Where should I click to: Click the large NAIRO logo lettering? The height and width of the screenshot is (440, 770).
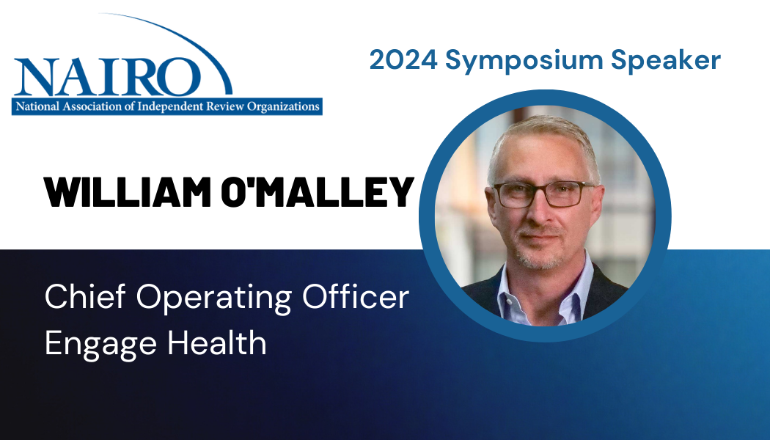click(108, 76)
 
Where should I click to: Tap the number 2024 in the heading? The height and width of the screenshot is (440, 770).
click(403, 60)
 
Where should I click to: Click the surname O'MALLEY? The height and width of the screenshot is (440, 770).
click(318, 192)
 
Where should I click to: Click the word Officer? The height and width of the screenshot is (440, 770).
click(356, 296)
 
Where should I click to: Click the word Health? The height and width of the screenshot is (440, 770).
click(217, 342)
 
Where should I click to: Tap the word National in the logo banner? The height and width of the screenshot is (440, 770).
click(37, 106)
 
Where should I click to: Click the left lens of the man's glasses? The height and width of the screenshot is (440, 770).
click(513, 196)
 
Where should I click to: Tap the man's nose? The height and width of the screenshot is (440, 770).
click(538, 213)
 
